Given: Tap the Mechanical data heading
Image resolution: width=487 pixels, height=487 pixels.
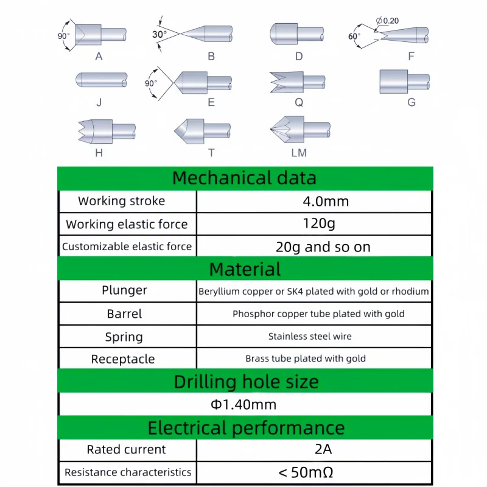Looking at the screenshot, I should [244, 178].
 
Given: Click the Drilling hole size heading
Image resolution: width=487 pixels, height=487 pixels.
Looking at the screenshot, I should [246, 382].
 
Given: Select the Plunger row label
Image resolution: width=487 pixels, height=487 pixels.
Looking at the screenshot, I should [124, 290].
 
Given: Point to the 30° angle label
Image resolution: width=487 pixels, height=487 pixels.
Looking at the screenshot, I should [159, 35].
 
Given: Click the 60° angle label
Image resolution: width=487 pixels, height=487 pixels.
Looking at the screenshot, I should [354, 36].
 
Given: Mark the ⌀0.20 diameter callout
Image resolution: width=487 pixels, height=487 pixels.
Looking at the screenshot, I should [388, 21].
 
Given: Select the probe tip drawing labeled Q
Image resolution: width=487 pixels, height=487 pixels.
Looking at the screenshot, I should [298, 82].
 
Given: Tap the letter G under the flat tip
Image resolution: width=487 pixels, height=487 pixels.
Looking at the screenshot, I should [412, 102].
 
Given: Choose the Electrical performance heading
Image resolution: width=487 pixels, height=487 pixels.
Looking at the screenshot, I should [246, 427].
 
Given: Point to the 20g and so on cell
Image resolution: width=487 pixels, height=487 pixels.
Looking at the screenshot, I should [314, 247].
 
